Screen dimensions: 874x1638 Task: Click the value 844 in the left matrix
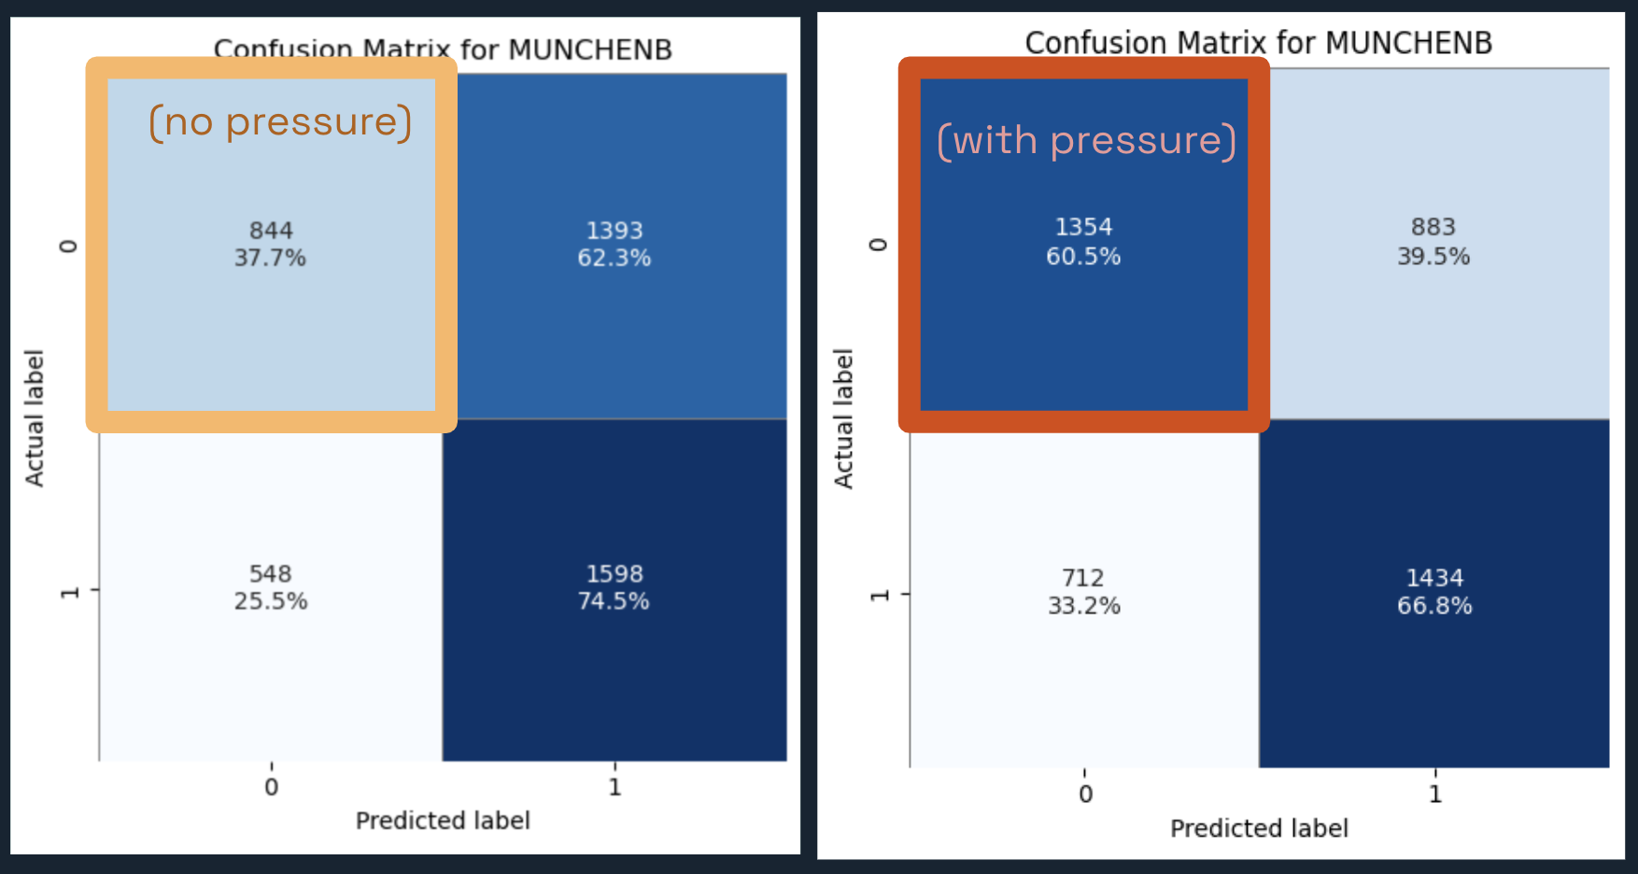[x=271, y=230]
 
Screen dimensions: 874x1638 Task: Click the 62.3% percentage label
[x=614, y=258]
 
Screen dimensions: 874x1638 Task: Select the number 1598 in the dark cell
[x=614, y=573]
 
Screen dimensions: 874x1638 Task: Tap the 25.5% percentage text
[x=271, y=600]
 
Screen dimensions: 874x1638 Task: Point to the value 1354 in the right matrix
[x=1083, y=227]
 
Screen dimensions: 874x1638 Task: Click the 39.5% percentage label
[x=1433, y=256]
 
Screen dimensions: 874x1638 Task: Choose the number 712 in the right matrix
[x=1083, y=578]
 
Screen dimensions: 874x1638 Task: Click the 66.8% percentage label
[x=1434, y=606]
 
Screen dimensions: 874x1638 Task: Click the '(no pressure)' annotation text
[x=280, y=122]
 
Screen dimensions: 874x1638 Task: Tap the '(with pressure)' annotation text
[x=1086, y=141]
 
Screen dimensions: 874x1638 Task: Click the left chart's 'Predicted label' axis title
[x=443, y=821]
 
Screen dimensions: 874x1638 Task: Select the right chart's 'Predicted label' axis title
[x=1259, y=828]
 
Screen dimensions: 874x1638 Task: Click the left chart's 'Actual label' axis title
[x=35, y=417]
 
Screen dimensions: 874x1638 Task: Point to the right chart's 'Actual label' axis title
[x=843, y=418]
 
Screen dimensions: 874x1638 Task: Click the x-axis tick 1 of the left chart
[x=614, y=787]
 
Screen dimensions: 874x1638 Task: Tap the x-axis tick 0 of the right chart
[x=1085, y=795]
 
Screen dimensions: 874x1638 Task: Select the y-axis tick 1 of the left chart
[x=69, y=592]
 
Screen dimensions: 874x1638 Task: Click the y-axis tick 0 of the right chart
[x=878, y=245]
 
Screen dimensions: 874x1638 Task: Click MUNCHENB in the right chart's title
[x=1408, y=43]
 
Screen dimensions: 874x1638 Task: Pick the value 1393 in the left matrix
[x=614, y=230]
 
